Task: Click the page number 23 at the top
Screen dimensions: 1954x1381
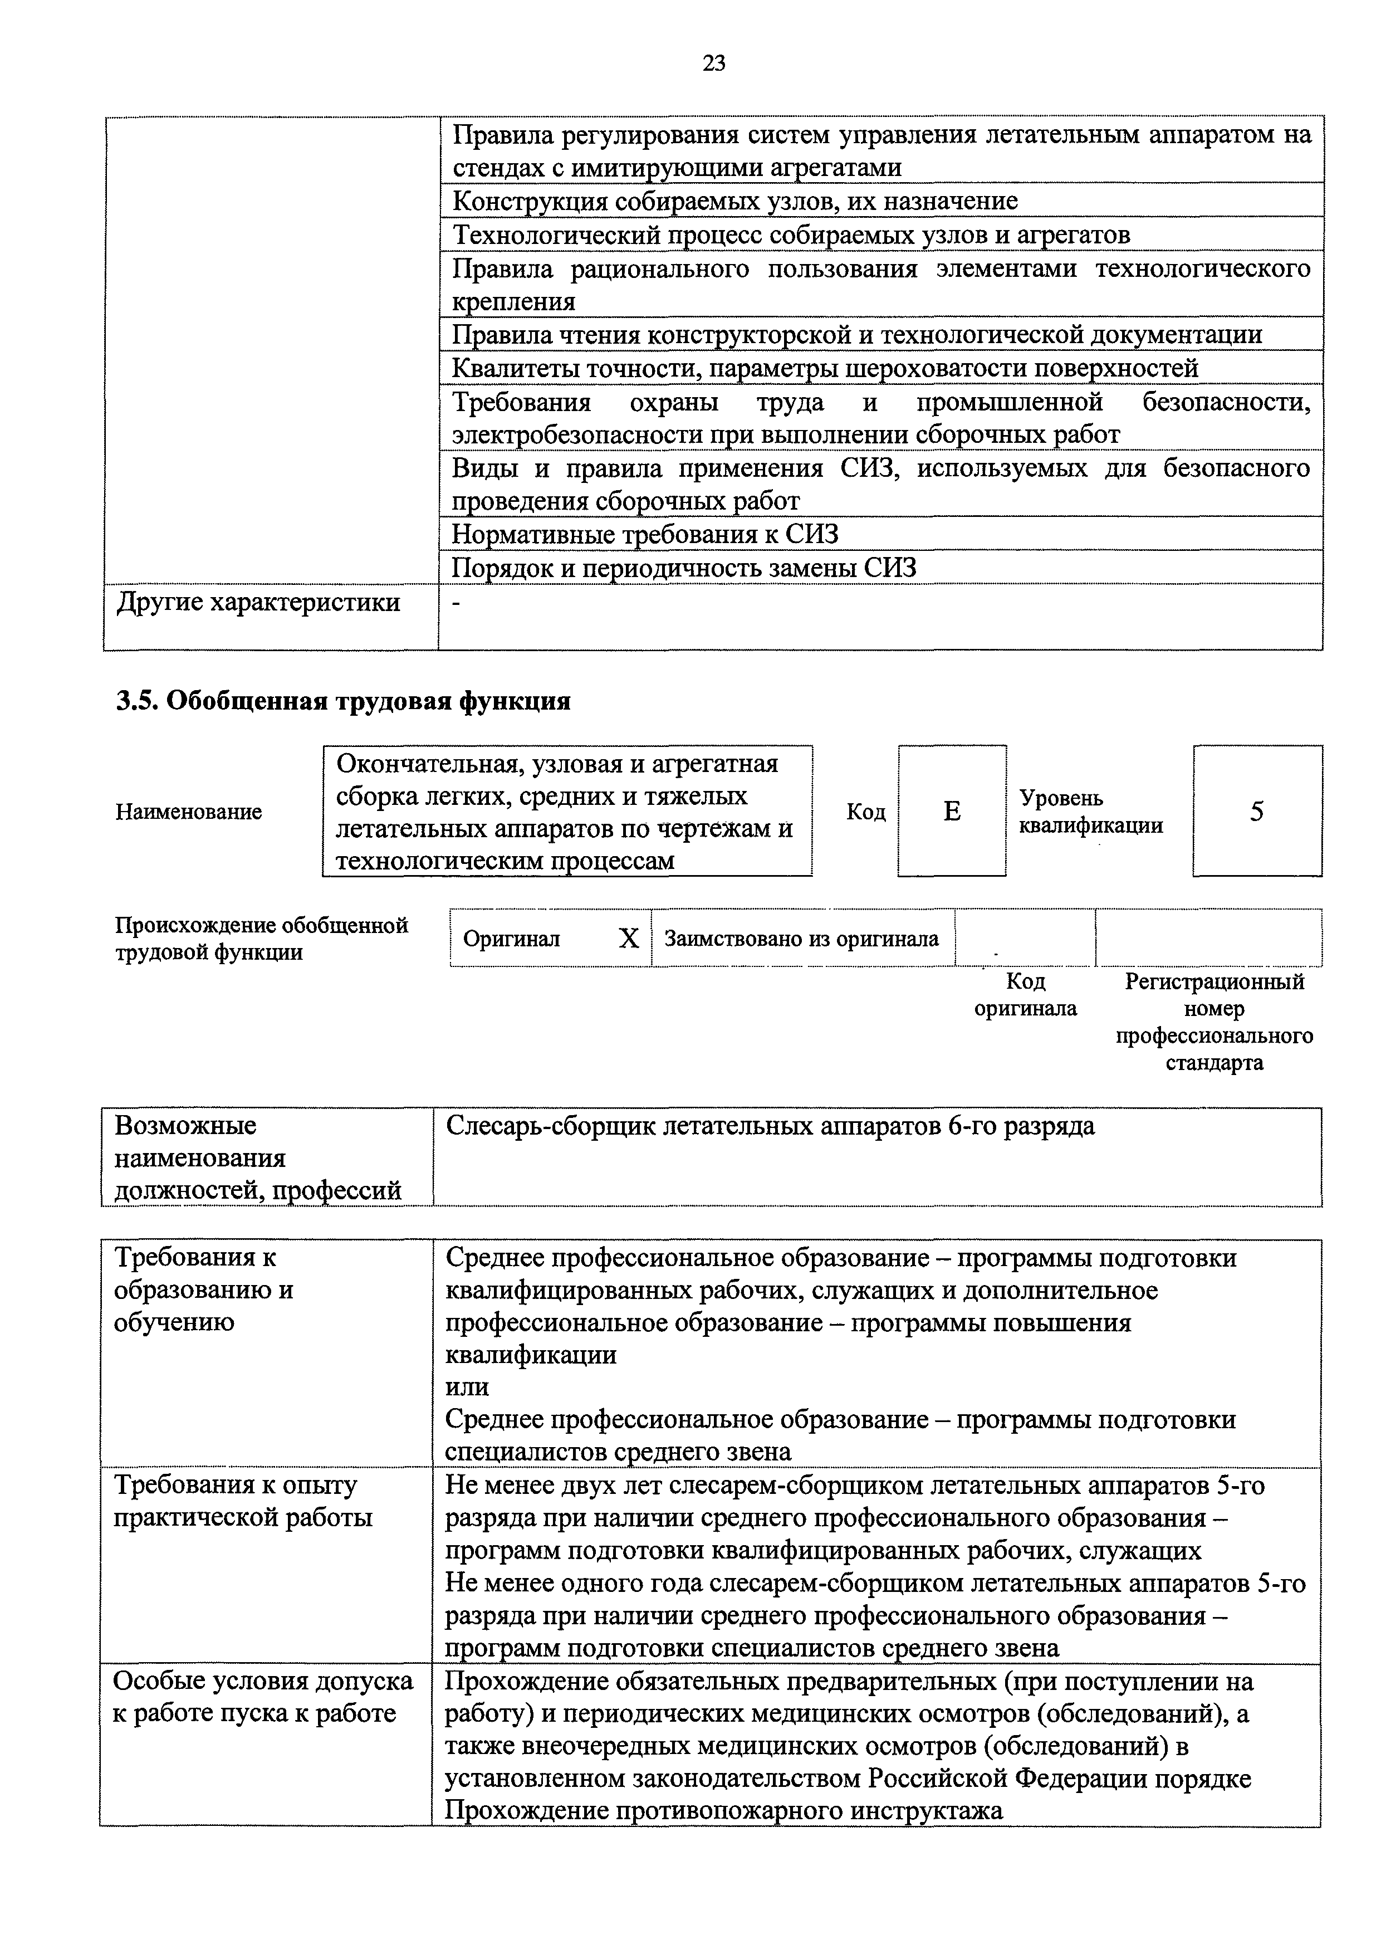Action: pyautogui.click(x=714, y=63)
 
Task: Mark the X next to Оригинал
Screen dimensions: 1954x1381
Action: pyautogui.click(x=628, y=939)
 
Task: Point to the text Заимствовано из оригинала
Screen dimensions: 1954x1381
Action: pyautogui.click(x=801, y=939)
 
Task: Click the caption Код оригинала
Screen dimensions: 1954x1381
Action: pyautogui.click(x=1025, y=995)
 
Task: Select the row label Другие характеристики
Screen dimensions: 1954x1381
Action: pyautogui.click(x=258, y=603)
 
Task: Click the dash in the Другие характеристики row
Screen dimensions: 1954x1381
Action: pyautogui.click(x=457, y=602)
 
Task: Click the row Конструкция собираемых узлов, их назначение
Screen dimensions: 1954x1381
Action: pyautogui.click(x=734, y=202)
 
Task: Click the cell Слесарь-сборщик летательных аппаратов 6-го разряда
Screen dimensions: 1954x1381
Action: pyautogui.click(x=770, y=1126)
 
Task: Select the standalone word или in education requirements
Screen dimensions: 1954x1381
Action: pyautogui.click(x=467, y=1386)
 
